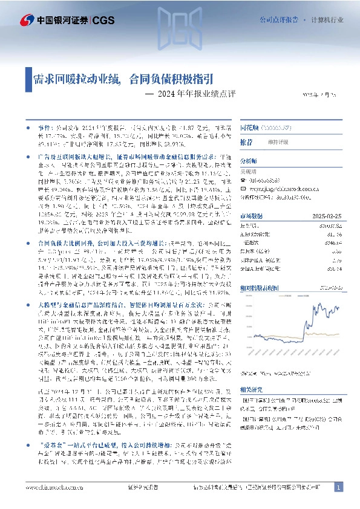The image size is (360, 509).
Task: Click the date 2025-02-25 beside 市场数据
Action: point(327,216)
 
